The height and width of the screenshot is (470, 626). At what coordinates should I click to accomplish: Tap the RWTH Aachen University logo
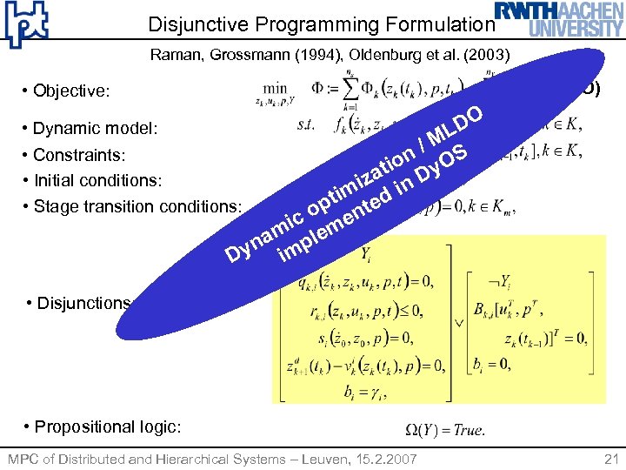tap(559, 18)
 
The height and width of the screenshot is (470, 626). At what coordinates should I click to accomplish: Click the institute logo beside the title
tap(26, 24)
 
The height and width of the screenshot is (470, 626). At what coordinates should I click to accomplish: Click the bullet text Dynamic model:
tap(95, 129)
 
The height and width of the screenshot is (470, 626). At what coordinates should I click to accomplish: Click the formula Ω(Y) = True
tap(445, 429)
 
